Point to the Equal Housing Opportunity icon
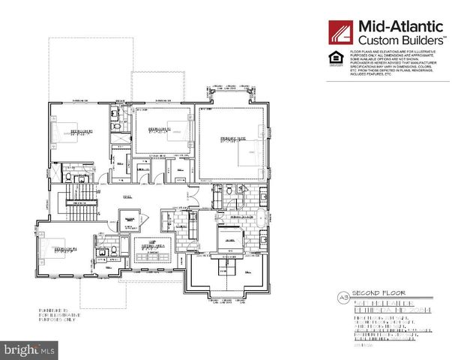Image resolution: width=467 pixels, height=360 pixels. pyautogui.click(x=334, y=58)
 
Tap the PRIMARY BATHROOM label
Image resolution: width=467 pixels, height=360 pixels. pyautogui.click(x=241, y=214)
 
